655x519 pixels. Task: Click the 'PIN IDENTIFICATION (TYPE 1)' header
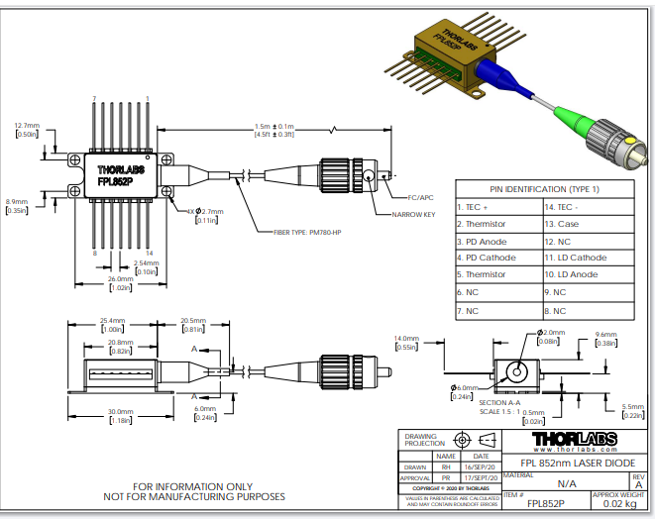click(x=545, y=188)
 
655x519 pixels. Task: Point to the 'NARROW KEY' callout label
click(x=415, y=214)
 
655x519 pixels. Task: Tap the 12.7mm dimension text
click(x=28, y=126)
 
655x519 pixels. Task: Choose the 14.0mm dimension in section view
click(x=408, y=339)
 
